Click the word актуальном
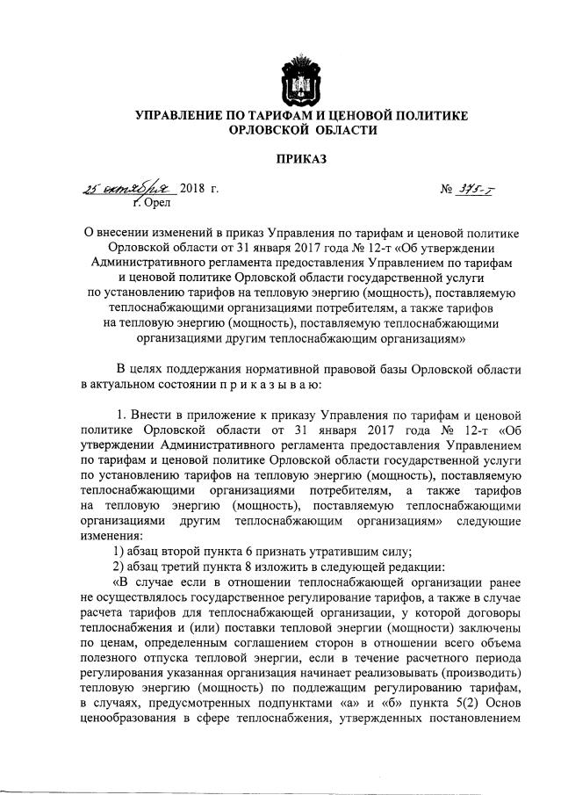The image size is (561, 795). tap(129, 384)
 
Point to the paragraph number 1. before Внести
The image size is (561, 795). tap(122, 412)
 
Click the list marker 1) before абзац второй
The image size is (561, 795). tap(121, 552)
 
